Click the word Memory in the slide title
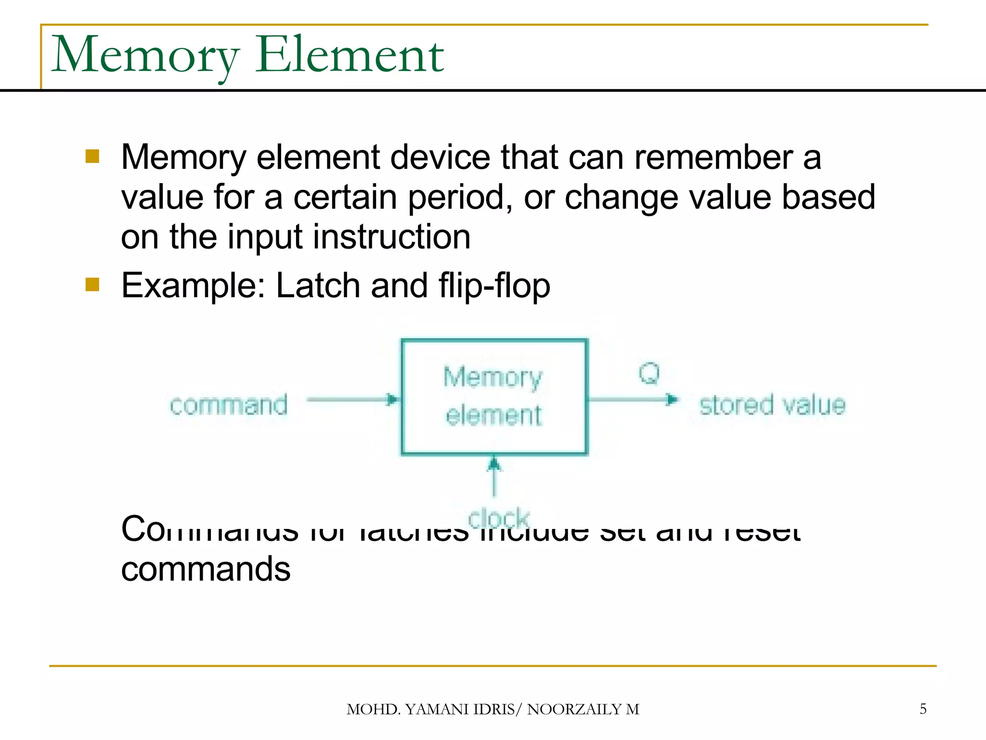[x=144, y=55]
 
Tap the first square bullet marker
[x=92, y=157]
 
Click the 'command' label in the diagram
[x=229, y=405]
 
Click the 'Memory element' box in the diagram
[x=494, y=396]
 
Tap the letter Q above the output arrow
[x=649, y=373]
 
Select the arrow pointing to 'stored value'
[x=633, y=399]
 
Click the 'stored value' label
[x=772, y=405]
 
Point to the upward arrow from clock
[x=494, y=477]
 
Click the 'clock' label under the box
[x=499, y=518]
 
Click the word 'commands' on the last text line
[x=206, y=569]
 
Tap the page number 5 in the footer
[x=922, y=709]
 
